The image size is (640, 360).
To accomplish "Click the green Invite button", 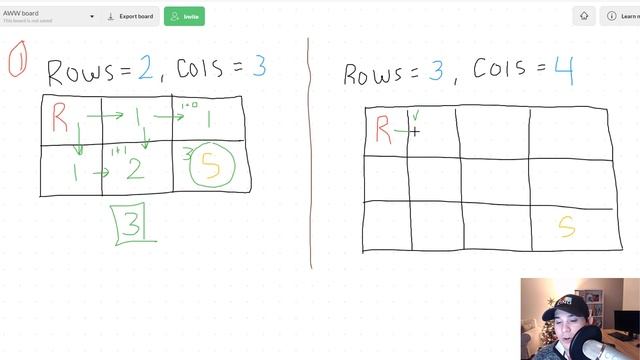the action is (x=184, y=16).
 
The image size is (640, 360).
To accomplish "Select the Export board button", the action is (x=131, y=16).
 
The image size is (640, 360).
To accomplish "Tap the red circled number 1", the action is (x=16, y=62).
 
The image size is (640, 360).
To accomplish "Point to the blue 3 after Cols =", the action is (x=258, y=68).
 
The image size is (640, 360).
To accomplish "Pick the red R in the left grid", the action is (x=60, y=120).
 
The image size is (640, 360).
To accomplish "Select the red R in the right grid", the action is (x=383, y=129).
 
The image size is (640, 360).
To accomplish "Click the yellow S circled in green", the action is (x=211, y=167).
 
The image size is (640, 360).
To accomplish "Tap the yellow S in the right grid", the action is (x=566, y=227).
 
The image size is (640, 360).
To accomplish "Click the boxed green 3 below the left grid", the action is (x=133, y=224).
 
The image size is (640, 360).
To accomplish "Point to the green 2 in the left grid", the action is (x=134, y=168).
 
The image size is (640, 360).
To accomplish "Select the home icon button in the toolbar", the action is (x=584, y=16).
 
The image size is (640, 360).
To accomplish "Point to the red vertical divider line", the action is (x=309, y=150).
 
